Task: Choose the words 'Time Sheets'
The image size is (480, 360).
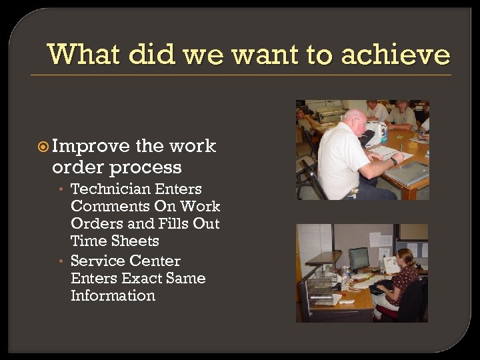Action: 115,241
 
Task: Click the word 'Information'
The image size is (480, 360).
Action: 113,295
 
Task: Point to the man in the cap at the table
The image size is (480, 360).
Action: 403,114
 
